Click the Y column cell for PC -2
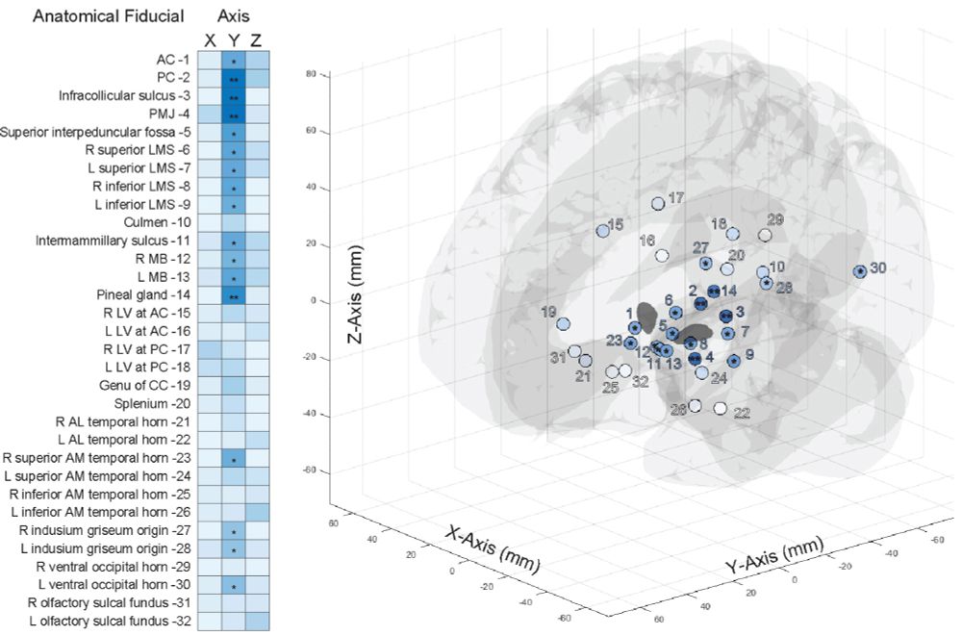tap(234, 78)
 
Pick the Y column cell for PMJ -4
tap(234, 114)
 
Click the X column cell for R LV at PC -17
tap(210, 348)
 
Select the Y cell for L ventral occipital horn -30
tap(234, 585)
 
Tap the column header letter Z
tap(255, 39)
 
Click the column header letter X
tap(210, 39)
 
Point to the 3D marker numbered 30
tap(859, 271)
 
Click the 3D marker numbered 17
tap(658, 204)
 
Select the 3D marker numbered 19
tap(564, 324)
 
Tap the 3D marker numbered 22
tap(721, 408)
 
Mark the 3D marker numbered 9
tap(734, 361)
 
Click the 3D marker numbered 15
tap(603, 232)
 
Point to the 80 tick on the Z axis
tap(312, 73)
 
